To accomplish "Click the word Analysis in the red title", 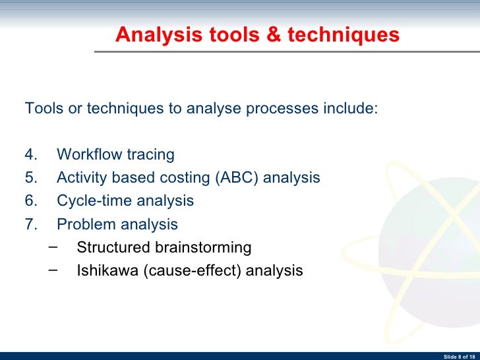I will coord(150,35).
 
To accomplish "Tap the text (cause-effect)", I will coord(191,270).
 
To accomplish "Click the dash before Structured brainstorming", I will coord(53,247).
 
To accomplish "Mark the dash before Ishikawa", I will coord(53,270).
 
